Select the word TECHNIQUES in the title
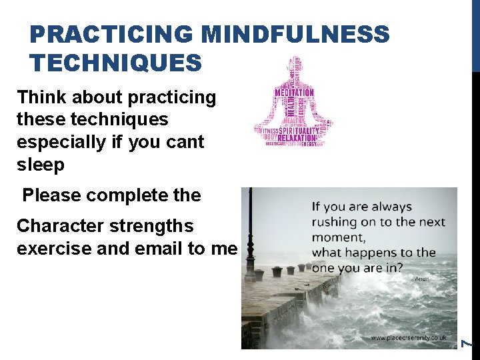tap(115, 63)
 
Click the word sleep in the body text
tap(41, 165)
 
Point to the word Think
tap(41, 97)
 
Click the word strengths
tap(151, 226)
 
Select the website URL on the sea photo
tap(409, 338)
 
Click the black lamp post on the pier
tap(249, 233)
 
